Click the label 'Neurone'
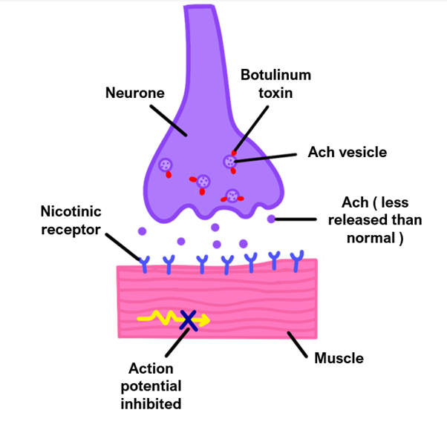pyautogui.click(x=134, y=93)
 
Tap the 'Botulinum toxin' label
pyautogui.click(x=275, y=85)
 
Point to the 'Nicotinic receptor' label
pyautogui.click(x=71, y=221)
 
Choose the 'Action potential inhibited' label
pyautogui.click(x=151, y=385)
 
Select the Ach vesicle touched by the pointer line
pyautogui.click(x=231, y=161)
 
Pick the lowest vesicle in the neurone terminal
pyautogui.click(x=232, y=196)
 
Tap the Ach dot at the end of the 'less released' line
pyautogui.click(x=272, y=219)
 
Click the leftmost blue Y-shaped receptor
pyautogui.click(x=145, y=261)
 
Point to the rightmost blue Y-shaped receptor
pyautogui.click(x=298, y=259)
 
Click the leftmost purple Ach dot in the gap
pyautogui.click(x=143, y=231)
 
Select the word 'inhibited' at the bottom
pyautogui.click(x=151, y=403)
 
